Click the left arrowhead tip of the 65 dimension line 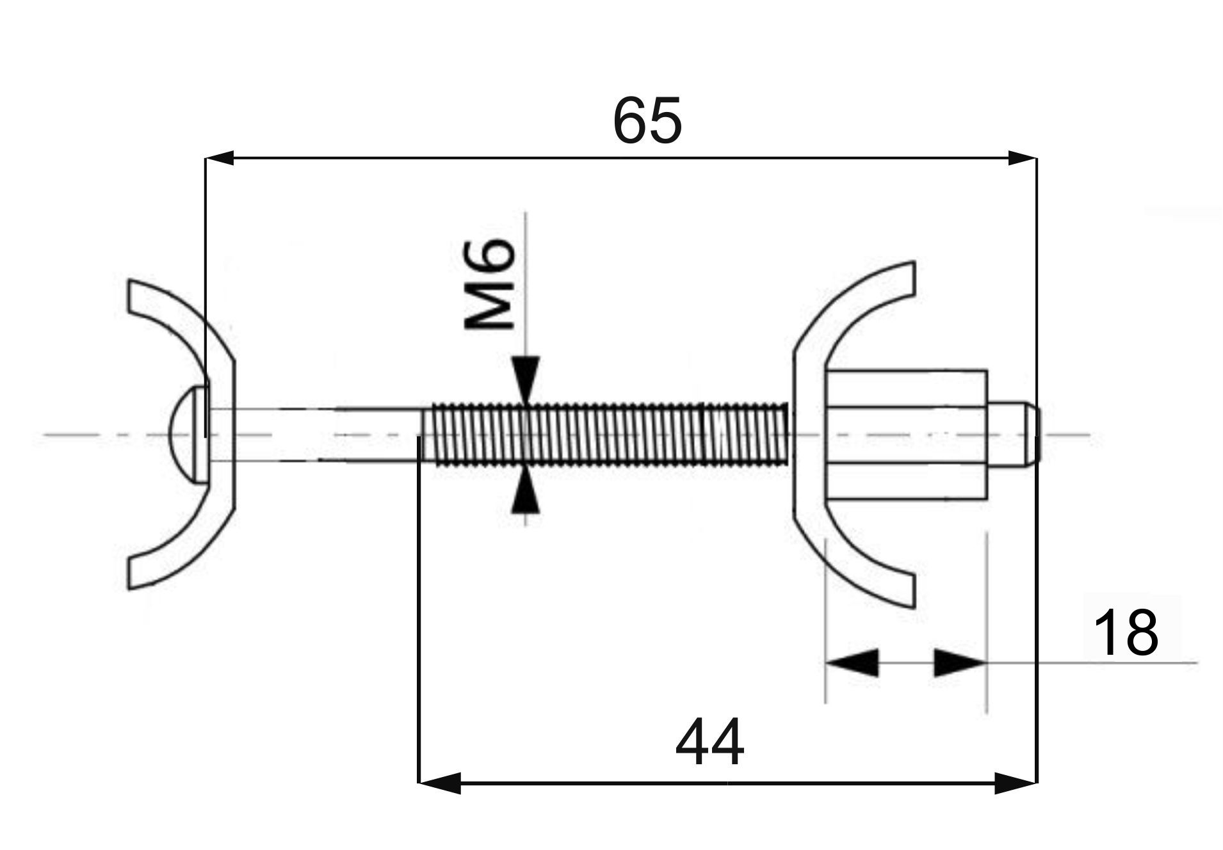(206, 158)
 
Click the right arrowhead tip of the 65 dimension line (1036, 158)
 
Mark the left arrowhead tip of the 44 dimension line (419, 782)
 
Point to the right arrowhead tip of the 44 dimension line (1036, 782)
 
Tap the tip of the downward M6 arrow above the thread (525, 404)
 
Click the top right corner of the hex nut (986, 371)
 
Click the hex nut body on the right (906, 434)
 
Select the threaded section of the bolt (605, 435)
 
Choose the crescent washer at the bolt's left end (182, 434)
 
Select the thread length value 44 (710, 743)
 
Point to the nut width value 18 (1126, 632)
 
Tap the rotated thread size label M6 (489, 283)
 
